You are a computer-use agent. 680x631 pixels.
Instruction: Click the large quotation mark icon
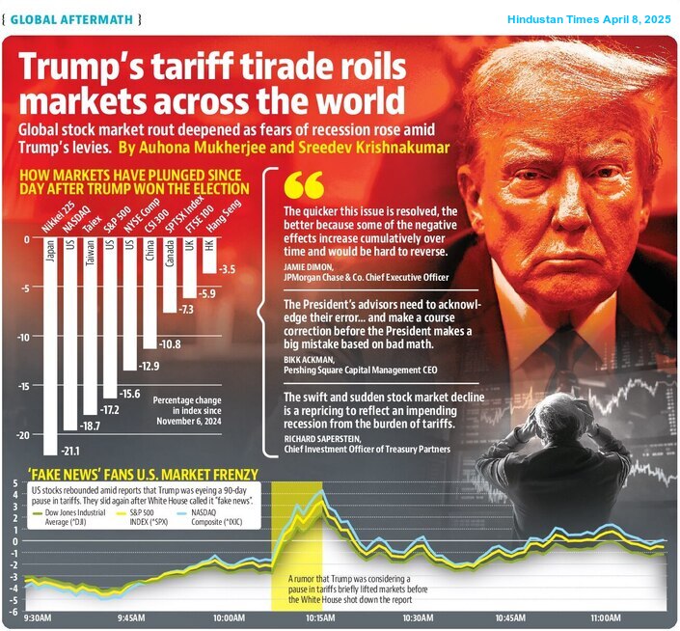tap(304, 188)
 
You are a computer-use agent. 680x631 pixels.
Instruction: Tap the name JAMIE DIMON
tap(310, 266)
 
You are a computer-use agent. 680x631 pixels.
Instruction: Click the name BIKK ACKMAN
tap(308, 359)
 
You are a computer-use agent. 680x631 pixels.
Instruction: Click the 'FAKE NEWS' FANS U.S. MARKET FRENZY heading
tap(143, 474)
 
